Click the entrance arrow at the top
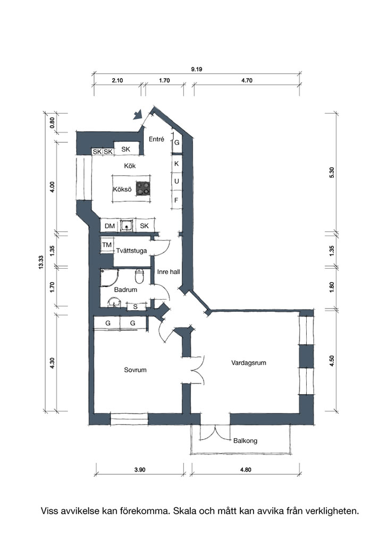(x=138, y=114)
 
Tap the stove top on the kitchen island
(x=143, y=189)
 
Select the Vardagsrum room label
(x=249, y=363)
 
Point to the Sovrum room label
(x=135, y=370)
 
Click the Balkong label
(x=245, y=441)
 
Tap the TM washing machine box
(x=107, y=245)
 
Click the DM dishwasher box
(x=110, y=226)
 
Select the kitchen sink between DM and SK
(x=127, y=226)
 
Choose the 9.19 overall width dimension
(x=196, y=69)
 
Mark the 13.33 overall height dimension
(x=41, y=262)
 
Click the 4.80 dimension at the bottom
(x=246, y=469)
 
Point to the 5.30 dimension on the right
(x=332, y=173)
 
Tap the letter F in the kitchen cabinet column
(x=176, y=200)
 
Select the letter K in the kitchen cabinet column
(x=176, y=163)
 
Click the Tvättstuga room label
(x=131, y=251)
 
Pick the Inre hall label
(x=169, y=272)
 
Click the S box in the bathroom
(x=135, y=307)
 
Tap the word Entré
(x=156, y=139)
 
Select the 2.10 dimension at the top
(x=117, y=80)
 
